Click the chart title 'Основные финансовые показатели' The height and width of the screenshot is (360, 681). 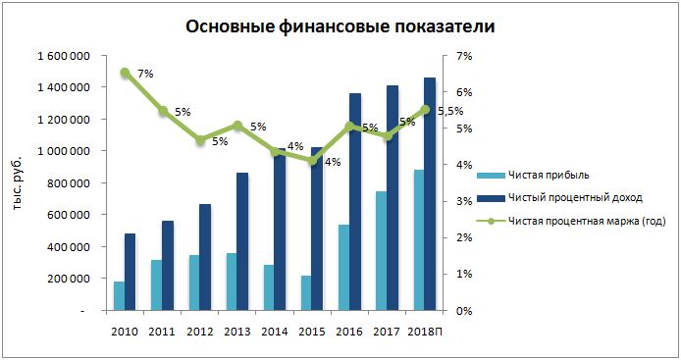coord(340,26)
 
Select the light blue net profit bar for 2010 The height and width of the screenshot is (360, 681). coord(119,296)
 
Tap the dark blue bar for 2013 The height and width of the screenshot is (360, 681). coord(242,241)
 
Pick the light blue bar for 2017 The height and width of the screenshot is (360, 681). coord(381,250)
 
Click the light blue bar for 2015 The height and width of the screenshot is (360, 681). coord(305,292)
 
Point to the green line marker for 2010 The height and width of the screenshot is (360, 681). coord(125,72)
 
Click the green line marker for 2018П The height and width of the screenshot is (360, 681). coord(424,110)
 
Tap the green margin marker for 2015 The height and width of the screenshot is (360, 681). coord(312,161)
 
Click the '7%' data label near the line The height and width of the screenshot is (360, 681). coord(145,74)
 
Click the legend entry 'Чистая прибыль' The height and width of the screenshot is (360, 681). coord(548,175)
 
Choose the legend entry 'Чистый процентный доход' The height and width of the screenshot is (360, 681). coord(574,198)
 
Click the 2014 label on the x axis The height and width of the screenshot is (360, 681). coord(275,330)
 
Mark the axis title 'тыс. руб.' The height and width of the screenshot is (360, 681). coord(17,182)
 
